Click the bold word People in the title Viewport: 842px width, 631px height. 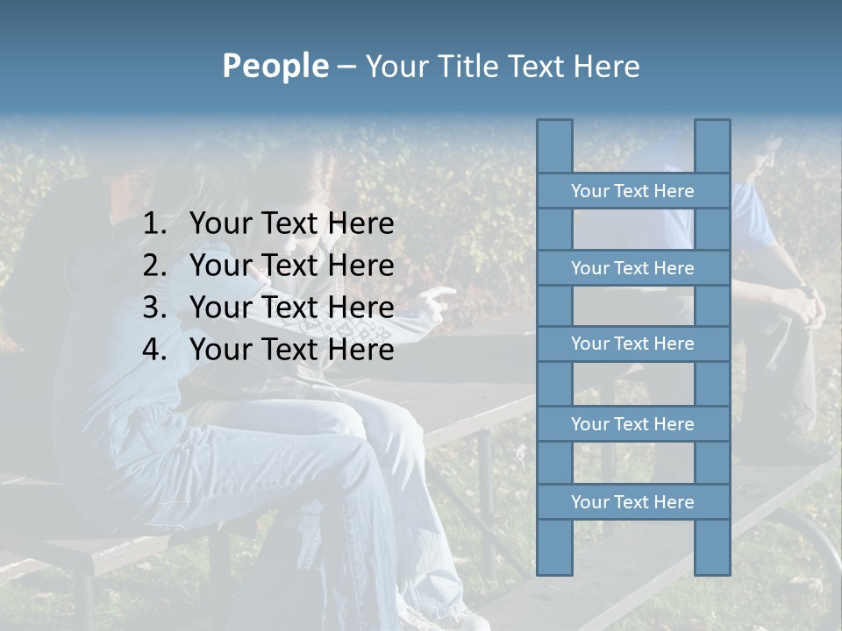pos(275,66)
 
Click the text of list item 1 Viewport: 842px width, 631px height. pos(291,224)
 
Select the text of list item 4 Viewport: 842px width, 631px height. pos(291,350)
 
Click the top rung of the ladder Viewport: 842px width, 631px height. pos(632,191)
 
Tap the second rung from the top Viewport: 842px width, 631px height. pos(632,268)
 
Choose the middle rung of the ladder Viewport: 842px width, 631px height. pos(632,344)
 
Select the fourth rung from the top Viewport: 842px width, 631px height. pos(632,424)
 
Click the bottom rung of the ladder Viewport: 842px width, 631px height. pos(632,502)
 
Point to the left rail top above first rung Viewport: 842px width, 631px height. pos(554,145)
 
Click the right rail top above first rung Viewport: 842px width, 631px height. pos(712,145)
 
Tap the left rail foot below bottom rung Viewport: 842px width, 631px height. pos(554,547)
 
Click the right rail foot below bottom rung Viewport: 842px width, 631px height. pos(712,547)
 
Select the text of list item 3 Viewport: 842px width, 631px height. pos(291,308)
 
